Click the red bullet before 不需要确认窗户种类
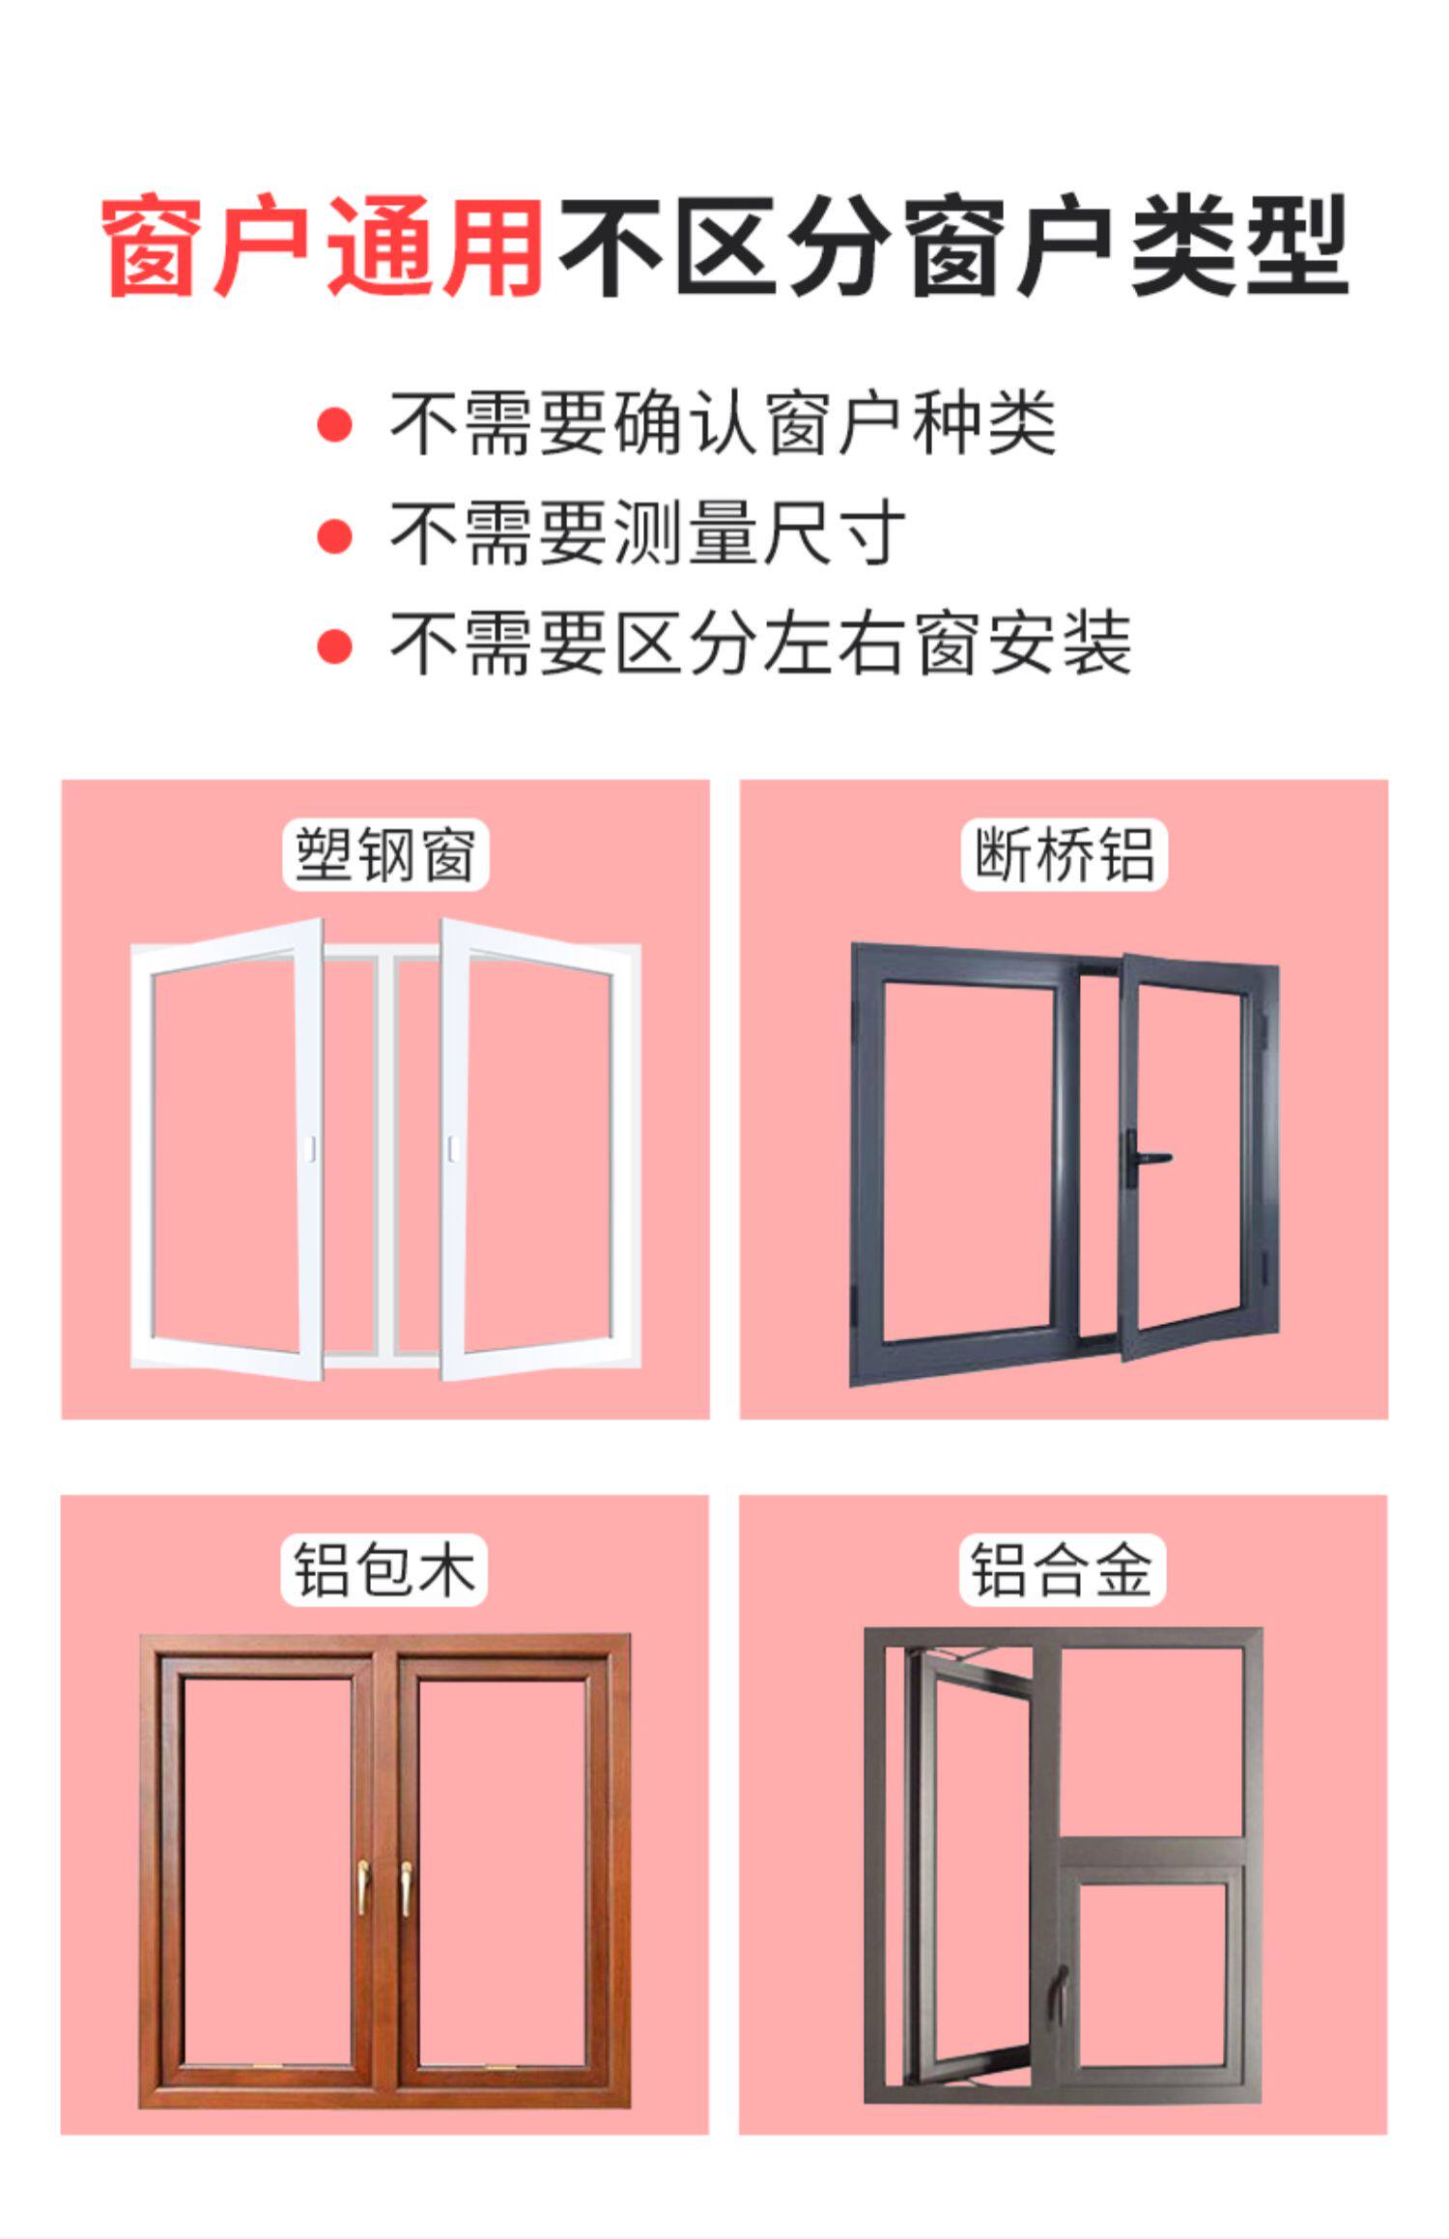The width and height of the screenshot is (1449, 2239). [x=334, y=424]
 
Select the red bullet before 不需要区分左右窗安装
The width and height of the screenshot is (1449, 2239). [x=334, y=645]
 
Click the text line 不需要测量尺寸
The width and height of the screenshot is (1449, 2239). [x=647, y=534]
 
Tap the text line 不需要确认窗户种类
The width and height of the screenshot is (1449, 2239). [x=723, y=423]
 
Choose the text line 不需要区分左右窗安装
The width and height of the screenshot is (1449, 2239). [x=760, y=644]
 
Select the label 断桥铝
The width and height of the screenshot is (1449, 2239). [x=1064, y=854]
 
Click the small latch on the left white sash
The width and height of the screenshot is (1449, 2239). [x=310, y=1149]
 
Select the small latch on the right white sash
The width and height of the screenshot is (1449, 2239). [x=451, y=1149]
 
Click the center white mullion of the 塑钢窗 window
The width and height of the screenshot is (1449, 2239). [x=385, y=1150]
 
